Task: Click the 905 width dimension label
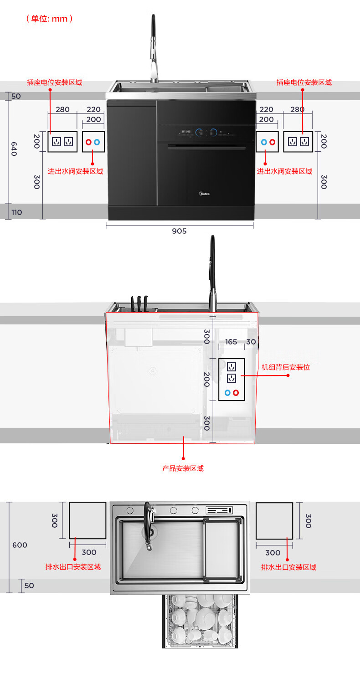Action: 179,231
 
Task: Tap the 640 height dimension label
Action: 14,149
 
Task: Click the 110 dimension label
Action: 16,212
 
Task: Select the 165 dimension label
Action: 231,341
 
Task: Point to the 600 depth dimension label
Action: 20,545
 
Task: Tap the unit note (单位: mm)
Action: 50,19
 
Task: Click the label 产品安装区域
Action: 183,468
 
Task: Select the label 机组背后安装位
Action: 285,367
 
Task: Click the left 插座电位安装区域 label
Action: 54,82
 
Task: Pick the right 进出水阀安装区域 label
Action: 284,171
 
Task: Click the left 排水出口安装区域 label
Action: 73,567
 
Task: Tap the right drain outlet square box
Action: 274,521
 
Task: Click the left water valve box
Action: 93,142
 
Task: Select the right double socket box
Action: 298,142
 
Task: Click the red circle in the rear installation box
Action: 236,393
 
